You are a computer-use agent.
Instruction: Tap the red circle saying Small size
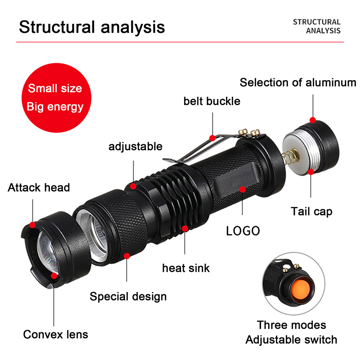point(55,97)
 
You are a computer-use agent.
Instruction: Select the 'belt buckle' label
point(211,101)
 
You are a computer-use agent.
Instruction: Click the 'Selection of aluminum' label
point(298,83)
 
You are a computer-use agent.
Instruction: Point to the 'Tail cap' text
point(311,211)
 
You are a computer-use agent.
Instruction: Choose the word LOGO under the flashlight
point(243,231)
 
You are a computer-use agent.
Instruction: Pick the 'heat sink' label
point(186,268)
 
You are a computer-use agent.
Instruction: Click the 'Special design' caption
point(128,297)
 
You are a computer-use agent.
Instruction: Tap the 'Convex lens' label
point(56,334)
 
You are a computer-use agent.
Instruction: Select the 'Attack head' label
point(39,187)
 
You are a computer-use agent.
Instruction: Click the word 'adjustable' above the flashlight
point(135,147)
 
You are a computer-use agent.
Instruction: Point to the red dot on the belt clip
point(212,137)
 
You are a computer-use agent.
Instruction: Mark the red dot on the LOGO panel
point(243,189)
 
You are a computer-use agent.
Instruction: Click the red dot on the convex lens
point(54,275)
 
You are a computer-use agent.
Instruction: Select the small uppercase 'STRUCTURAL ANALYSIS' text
point(316,26)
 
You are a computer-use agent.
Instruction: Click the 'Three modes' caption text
point(291,325)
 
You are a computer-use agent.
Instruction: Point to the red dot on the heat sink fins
point(185,228)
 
